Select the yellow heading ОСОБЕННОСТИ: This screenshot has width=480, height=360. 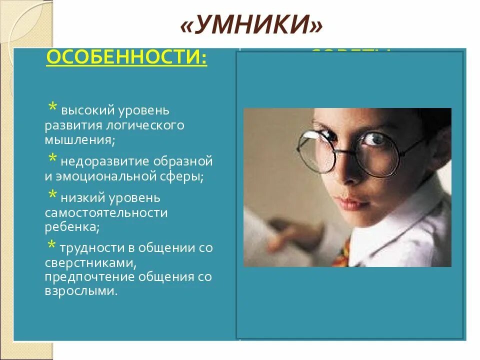(126, 58)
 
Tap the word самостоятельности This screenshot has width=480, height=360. (106, 213)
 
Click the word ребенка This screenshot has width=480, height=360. (70, 227)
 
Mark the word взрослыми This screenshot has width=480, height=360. (80, 291)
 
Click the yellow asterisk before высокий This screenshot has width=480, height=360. (52, 108)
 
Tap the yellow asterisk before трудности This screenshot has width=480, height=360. (52, 246)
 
